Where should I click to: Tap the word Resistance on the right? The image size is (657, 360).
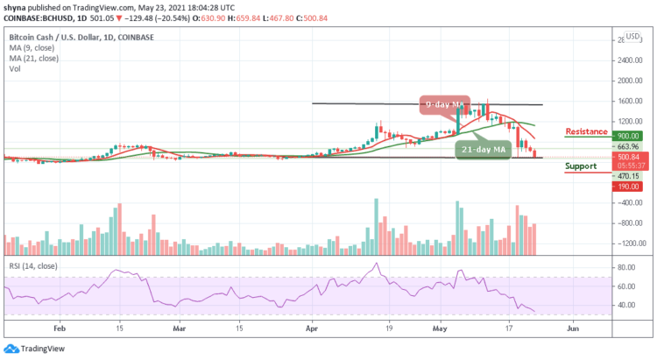[586, 131]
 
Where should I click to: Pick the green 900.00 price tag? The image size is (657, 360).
[627, 137]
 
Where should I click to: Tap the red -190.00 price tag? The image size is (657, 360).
[626, 186]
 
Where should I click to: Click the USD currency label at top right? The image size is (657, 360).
[632, 39]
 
